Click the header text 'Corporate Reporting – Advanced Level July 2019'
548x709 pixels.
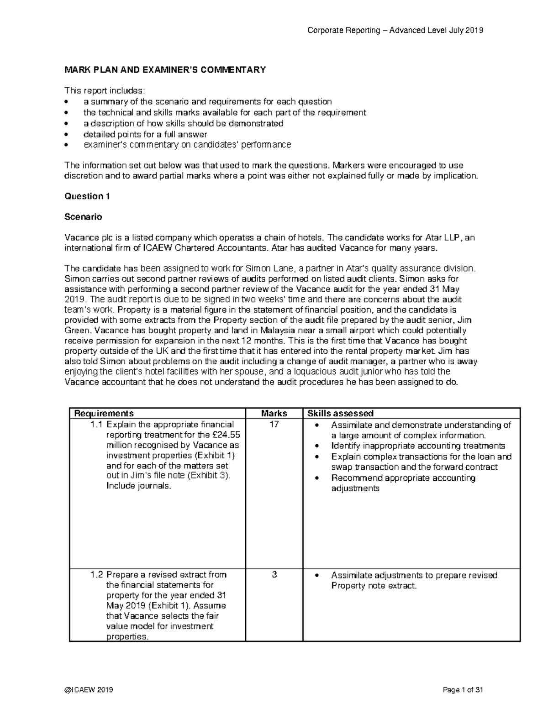tap(395, 31)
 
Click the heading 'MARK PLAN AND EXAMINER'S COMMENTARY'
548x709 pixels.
tap(165, 70)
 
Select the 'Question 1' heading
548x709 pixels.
tap(87, 196)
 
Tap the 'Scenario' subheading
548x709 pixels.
tap(83, 217)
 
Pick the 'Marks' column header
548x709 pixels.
tap(274, 413)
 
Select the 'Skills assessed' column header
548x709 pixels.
tap(340, 413)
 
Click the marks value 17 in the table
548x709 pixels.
tap(274, 425)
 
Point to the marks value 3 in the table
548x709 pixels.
tap(274, 575)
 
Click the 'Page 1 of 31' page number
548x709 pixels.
tap(463, 690)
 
